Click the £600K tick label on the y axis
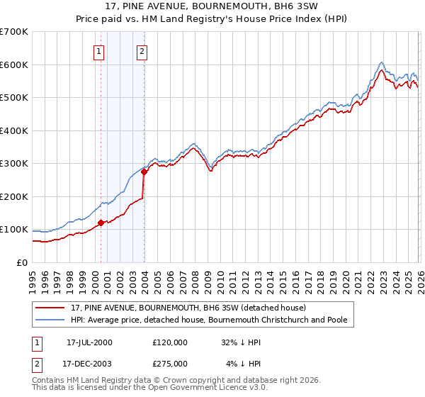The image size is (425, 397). coord(14,65)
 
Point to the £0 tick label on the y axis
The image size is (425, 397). coord(22,262)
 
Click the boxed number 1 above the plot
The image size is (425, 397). coord(98,51)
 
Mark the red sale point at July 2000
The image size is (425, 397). coord(101,223)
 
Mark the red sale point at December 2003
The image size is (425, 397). coord(144,172)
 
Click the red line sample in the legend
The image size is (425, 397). coord(50,308)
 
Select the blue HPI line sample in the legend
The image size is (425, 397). coord(50,320)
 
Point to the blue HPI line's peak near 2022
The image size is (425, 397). coord(381,62)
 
